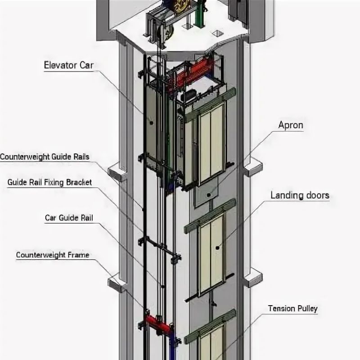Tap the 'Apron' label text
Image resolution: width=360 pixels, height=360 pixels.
291,126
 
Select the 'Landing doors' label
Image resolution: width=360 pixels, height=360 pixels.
300,195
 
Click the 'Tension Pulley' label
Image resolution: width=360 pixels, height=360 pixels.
293,309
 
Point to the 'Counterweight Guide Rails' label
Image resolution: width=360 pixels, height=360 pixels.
45,157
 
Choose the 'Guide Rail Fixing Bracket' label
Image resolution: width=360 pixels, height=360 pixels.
49,182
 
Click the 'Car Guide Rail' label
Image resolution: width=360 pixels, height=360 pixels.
68,218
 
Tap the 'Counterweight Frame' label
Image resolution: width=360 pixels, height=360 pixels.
52,255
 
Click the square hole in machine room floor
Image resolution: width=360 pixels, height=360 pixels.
219,33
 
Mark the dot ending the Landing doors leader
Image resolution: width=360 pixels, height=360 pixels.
217,247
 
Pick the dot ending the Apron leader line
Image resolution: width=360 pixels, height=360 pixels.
208,195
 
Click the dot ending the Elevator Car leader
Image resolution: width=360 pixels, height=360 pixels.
151,122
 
